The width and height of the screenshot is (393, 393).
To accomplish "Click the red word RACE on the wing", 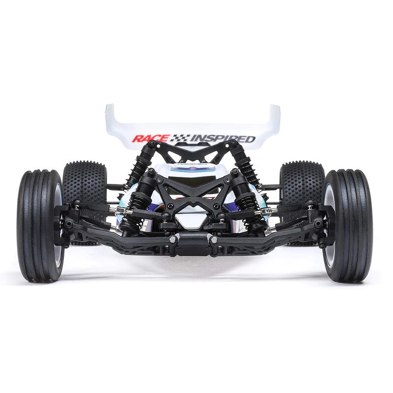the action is pos(151,138).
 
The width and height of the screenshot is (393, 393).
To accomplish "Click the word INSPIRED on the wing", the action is pos(223,139).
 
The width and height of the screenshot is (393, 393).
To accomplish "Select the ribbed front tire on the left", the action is pos(40,225).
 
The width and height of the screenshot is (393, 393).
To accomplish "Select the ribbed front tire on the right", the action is pos(347,225).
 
